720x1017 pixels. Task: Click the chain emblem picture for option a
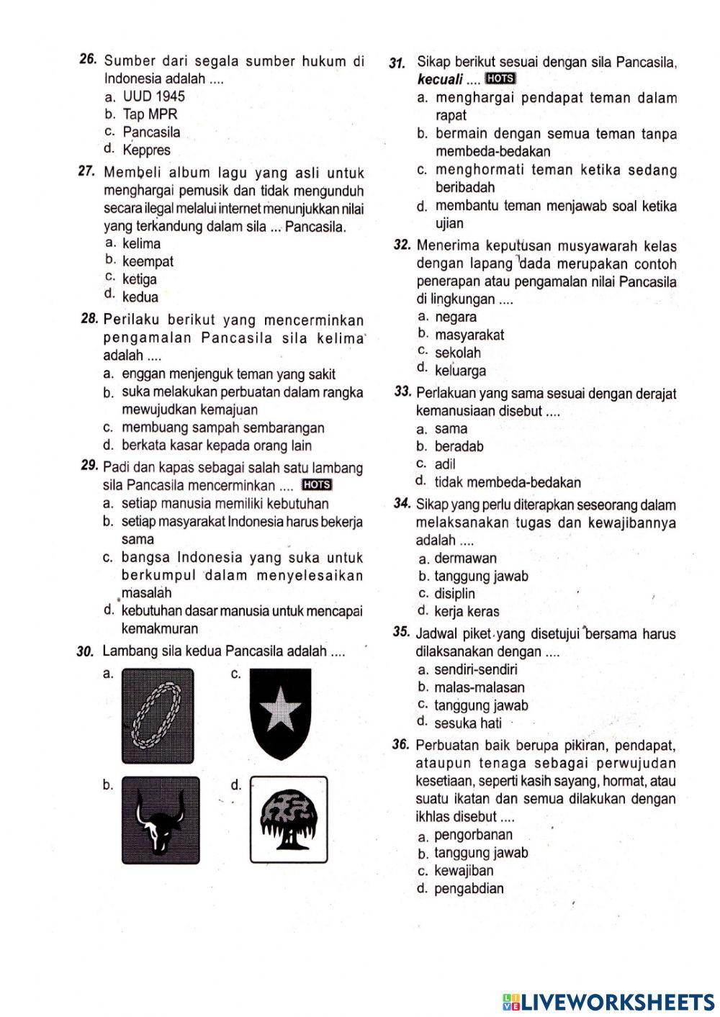point(158,715)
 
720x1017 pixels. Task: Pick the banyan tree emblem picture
point(289,820)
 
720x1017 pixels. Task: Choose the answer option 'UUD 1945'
point(153,96)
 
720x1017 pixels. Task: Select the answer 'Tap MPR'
point(150,114)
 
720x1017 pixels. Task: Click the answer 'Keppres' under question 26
point(146,150)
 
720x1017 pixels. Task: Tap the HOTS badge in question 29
point(316,484)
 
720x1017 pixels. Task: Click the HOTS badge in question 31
point(500,78)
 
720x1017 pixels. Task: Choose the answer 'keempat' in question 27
point(148,261)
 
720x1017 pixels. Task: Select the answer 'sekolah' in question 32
point(458,353)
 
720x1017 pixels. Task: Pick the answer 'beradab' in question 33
point(459,446)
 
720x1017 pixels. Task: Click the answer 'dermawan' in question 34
point(466,558)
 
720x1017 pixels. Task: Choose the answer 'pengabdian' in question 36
point(469,888)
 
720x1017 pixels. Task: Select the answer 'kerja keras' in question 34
point(467,612)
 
